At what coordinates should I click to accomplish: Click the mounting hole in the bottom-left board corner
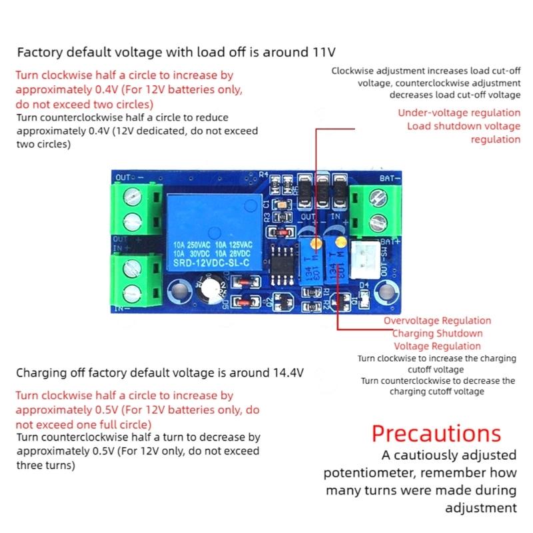(178, 290)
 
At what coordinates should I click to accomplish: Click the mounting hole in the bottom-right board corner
(386, 290)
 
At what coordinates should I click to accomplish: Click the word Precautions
(436, 434)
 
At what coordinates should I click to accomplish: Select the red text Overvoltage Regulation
(437, 321)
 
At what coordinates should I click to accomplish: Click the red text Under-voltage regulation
(459, 113)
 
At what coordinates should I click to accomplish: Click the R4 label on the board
(263, 175)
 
